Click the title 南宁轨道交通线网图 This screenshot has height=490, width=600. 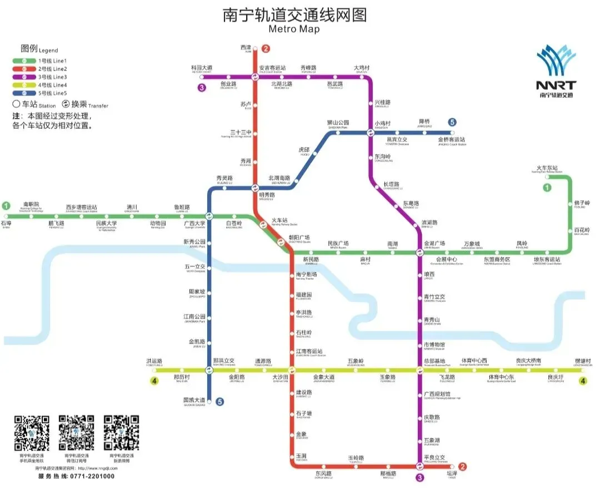pos(294,14)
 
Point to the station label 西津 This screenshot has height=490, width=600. pos(246,48)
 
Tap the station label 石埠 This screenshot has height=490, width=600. pos(6,224)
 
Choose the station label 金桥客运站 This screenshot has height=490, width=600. pos(452,140)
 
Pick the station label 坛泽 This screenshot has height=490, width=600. pos(452,473)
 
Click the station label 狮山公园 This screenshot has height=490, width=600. pos(338,123)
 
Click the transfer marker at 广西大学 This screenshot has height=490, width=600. pos(209,216)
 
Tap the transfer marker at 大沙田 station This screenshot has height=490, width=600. pos(291,370)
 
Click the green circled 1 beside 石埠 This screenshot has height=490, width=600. pos(6,205)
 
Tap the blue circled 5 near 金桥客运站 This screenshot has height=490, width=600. pos(453,122)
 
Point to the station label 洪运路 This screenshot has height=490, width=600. pos(154,361)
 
